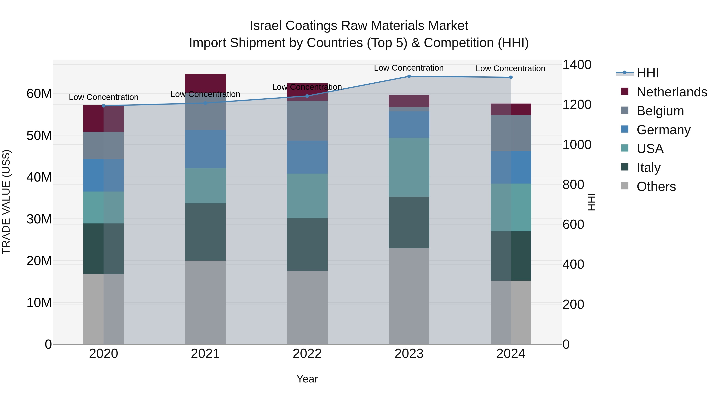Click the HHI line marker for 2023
409,76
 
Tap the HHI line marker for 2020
104,106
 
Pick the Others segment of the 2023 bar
409,296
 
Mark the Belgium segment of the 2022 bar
307,121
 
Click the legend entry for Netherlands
672,92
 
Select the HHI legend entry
647,73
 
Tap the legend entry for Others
656,187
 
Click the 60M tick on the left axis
39,94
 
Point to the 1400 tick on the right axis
577,65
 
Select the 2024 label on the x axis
511,354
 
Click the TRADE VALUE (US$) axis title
6,202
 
